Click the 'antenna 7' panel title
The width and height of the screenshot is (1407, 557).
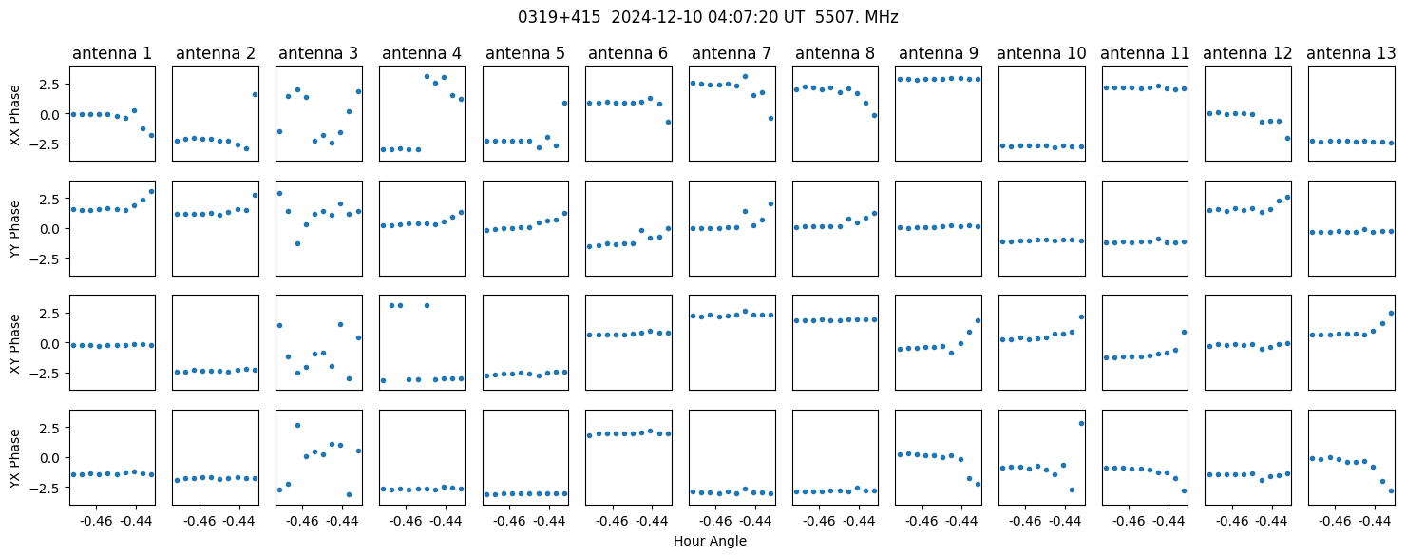click(732, 54)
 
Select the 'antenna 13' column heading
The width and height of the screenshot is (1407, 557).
click(1351, 54)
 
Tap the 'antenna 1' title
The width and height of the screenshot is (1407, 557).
click(112, 54)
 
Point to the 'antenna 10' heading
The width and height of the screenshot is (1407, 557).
click(1041, 54)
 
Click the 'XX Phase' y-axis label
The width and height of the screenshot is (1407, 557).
click(15, 115)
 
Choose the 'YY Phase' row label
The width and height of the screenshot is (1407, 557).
click(15, 229)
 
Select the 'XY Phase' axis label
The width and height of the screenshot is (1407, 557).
click(15, 343)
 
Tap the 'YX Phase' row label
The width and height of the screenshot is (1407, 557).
click(15, 457)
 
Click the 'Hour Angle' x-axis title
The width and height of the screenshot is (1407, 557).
click(710, 541)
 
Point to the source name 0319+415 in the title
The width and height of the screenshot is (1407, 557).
click(559, 18)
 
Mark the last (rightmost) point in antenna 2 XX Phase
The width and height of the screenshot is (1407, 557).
click(255, 95)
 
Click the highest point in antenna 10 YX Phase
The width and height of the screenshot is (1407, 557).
click(1081, 424)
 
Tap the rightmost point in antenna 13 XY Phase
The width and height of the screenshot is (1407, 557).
click(1391, 313)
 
